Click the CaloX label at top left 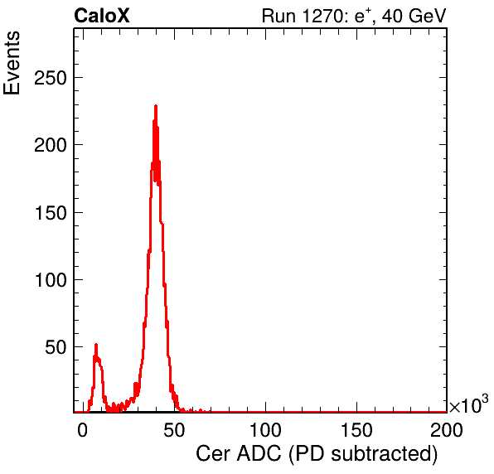(102, 16)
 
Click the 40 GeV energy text (414, 16)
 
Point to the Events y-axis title (12, 63)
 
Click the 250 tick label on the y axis (51, 77)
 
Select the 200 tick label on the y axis (51, 145)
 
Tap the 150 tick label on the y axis (51, 213)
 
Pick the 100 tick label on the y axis (51, 279)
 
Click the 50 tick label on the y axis (56, 347)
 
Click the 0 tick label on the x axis (83, 430)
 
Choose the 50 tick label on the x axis (174, 430)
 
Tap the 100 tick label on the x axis (265, 430)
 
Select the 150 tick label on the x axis (356, 430)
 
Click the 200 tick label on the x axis (447, 430)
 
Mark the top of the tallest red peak (156, 105)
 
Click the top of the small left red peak (96, 345)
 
